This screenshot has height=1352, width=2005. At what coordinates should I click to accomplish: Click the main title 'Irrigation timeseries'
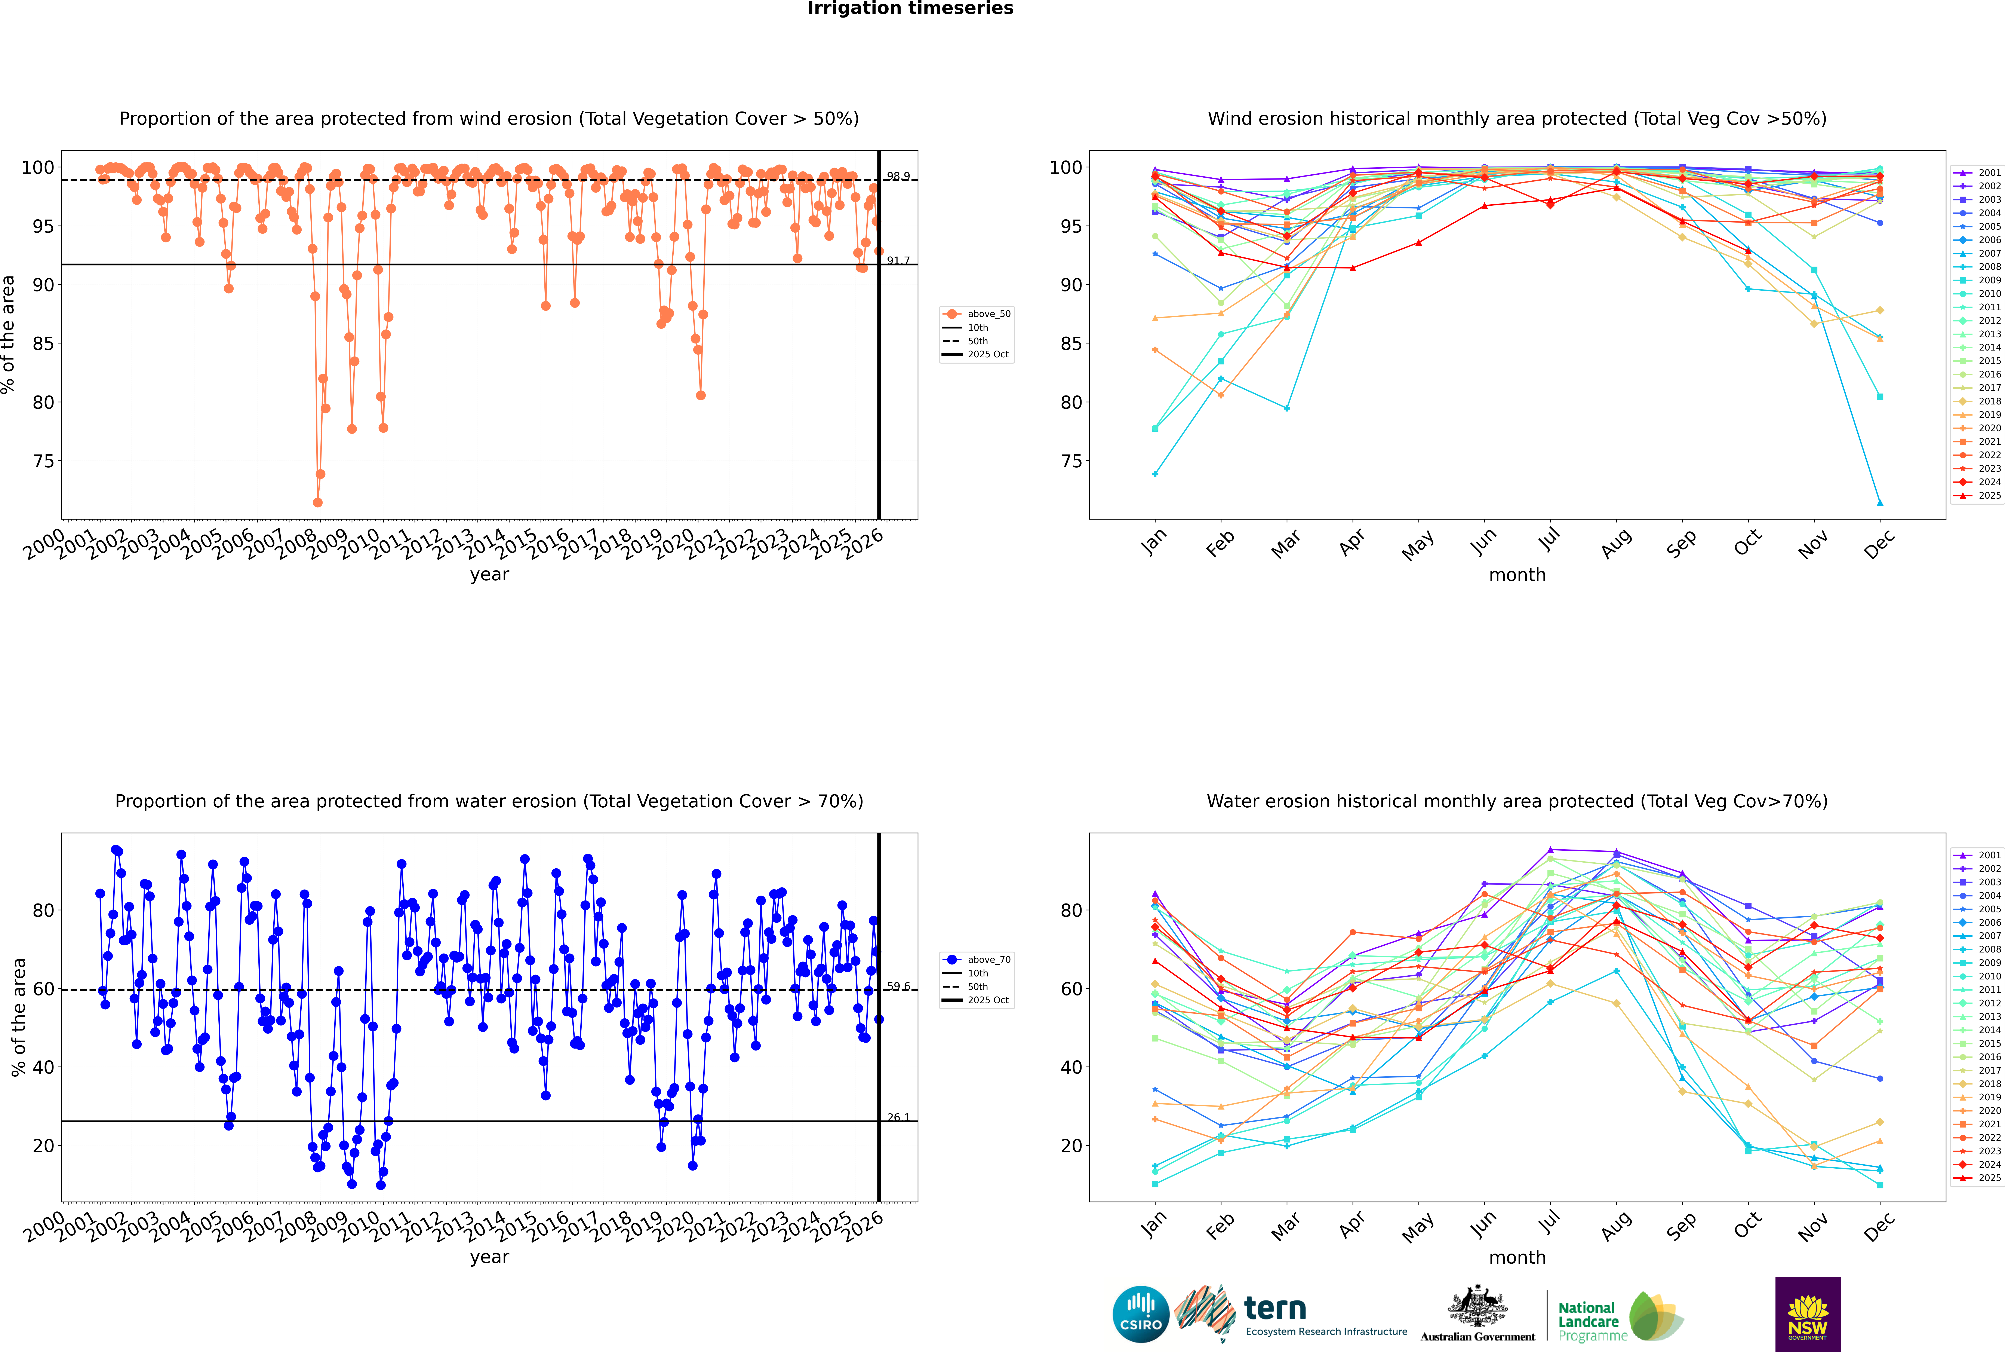point(910,9)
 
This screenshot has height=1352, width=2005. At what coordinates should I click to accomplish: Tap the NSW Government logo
point(1808,1313)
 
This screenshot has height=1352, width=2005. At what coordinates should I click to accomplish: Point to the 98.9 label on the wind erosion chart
point(898,176)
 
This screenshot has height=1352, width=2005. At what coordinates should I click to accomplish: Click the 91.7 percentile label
point(898,260)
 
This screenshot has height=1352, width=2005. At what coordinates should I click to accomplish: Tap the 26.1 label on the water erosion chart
point(898,1117)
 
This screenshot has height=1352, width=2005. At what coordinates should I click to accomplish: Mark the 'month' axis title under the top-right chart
point(1517,575)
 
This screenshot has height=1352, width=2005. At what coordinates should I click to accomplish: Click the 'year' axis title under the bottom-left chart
point(490,1257)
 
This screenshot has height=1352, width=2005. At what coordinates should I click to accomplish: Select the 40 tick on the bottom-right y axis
point(1071,1067)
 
